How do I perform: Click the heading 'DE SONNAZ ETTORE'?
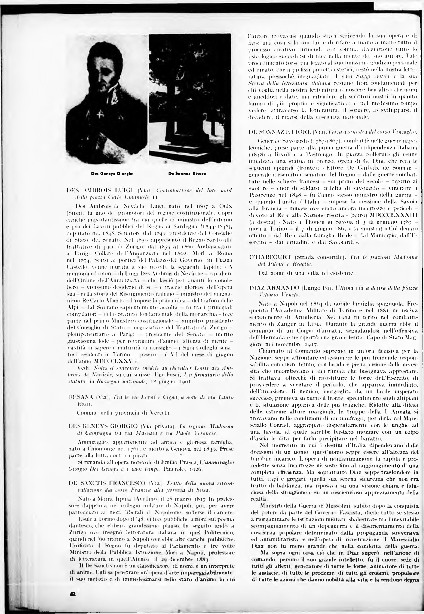pyautogui.click(x=280, y=131)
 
